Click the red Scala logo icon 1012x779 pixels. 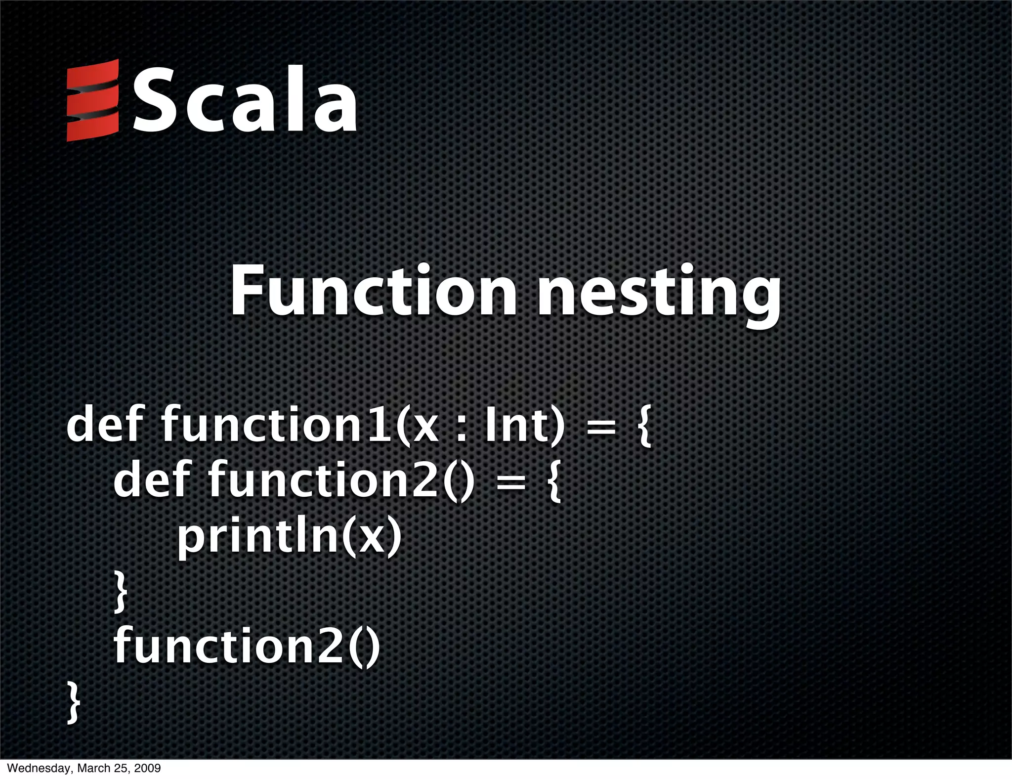pyautogui.click(x=92, y=100)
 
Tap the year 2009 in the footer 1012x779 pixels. pyautogui.click(x=148, y=769)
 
